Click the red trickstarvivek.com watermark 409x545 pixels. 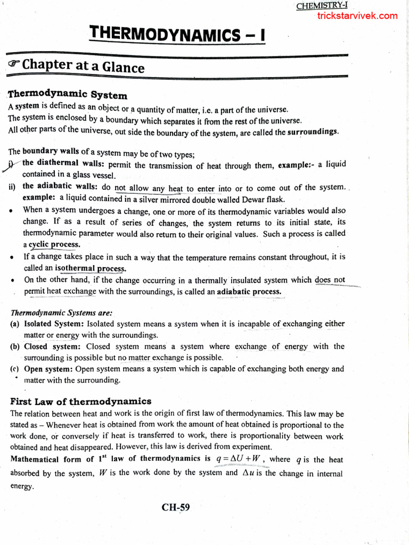coord(357,16)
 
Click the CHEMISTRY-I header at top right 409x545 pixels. coord(321,6)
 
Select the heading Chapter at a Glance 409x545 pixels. coord(83,67)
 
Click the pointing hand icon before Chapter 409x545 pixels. coord(14,64)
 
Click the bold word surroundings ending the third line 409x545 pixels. coord(313,132)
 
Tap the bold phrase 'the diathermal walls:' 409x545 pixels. coord(58,163)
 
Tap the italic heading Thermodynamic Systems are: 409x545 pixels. coord(62,313)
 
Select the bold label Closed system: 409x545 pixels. coord(52,346)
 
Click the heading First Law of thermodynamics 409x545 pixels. coord(81,401)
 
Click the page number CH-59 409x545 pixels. coord(176,507)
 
